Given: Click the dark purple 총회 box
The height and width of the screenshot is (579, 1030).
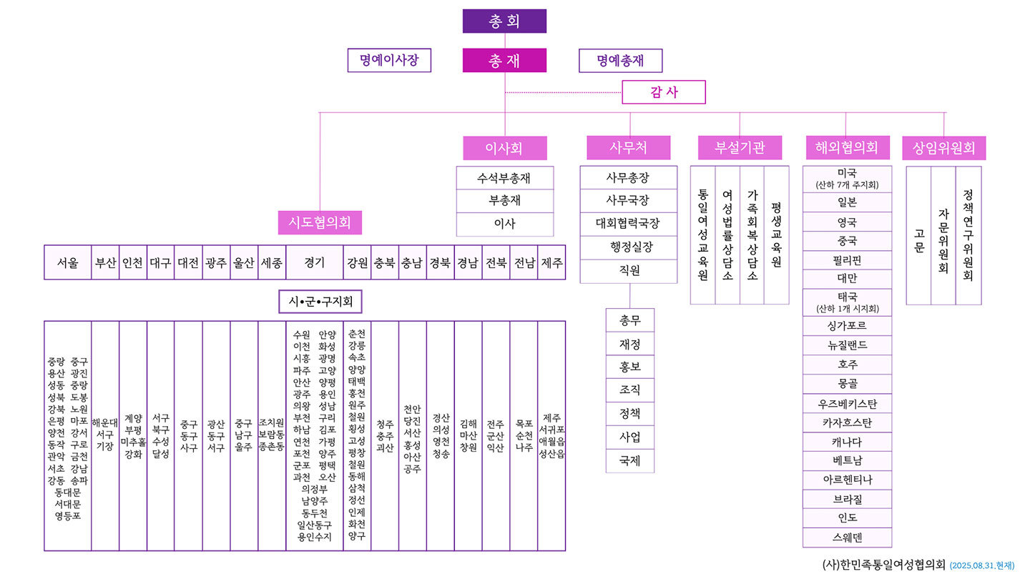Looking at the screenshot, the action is pyautogui.click(x=504, y=21).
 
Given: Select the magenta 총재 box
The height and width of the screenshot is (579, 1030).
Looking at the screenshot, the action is pyautogui.click(x=504, y=60).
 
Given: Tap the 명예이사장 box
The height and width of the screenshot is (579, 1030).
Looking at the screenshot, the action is pyautogui.click(x=389, y=60).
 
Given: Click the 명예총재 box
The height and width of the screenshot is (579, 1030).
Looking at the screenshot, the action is pyautogui.click(x=620, y=61).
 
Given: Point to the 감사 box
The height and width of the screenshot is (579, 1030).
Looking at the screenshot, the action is pyautogui.click(x=664, y=92).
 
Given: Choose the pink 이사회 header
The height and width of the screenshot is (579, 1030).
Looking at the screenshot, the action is pyautogui.click(x=505, y=148).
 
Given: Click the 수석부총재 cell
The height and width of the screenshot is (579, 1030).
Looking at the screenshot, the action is pyautogui.click(x=505, y=178).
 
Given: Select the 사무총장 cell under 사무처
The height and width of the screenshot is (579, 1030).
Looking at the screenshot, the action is pyautogui.click(x=629, y=177).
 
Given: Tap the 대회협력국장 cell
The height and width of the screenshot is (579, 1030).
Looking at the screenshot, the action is pyautogui.click(x=629, y=224).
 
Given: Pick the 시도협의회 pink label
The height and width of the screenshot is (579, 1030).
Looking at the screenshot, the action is pyautogui.click(x=320, y=222).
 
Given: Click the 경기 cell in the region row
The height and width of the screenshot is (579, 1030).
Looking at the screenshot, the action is pyautogui.click(x=315, y=262).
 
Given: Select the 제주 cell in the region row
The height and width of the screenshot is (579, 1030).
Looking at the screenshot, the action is pyautogui.click(x=551, y=262).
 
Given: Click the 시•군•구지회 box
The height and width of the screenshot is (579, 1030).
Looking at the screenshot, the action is pyautogui.click(x=320, y=302).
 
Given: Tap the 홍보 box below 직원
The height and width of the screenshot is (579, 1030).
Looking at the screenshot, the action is pyautogui.click(x=630, y=367).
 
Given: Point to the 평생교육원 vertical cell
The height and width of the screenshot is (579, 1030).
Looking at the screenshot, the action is pyautogui.click(x=777, y=234).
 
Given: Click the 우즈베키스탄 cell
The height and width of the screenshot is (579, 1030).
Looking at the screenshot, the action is pyautogui.click(x=847, y=403).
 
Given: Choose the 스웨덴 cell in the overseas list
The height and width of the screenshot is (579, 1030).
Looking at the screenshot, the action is pyautogui.click(x=847, y=538).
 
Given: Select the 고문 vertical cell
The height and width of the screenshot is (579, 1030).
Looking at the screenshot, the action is pyautogui.click(x=918, y=235).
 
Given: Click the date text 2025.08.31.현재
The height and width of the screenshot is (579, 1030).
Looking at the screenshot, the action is pyautogui.click(x=981, y=565).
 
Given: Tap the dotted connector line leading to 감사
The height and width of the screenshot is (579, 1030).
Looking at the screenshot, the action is pyautogui.click(x=564, y=92).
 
